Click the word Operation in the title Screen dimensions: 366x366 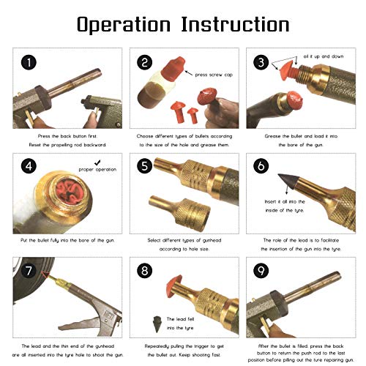tap(124, 25)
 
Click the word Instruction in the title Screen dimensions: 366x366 tap(236, 24)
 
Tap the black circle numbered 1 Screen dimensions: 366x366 tap(29, 62)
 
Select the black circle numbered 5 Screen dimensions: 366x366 tap(145, 166)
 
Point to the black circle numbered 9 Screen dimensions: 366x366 tap(261, 271)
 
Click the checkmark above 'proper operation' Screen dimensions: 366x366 tap(97, 163)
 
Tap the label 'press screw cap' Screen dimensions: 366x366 tap(214, 75)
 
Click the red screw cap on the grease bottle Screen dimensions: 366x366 tap(173, 68)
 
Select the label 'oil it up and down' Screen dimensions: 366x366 tap(324, 56)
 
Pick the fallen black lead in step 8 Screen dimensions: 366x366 tap(157, 324)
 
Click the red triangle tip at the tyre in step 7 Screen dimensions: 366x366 tap(45, 274)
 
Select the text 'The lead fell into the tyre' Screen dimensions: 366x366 tap(180, 324)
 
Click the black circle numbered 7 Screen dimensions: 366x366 tap(29, 271)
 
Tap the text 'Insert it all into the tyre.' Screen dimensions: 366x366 tap(285, 206)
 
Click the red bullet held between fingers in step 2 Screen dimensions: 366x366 tap(207, 96)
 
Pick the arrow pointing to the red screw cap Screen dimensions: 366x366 tap(189, 73)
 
